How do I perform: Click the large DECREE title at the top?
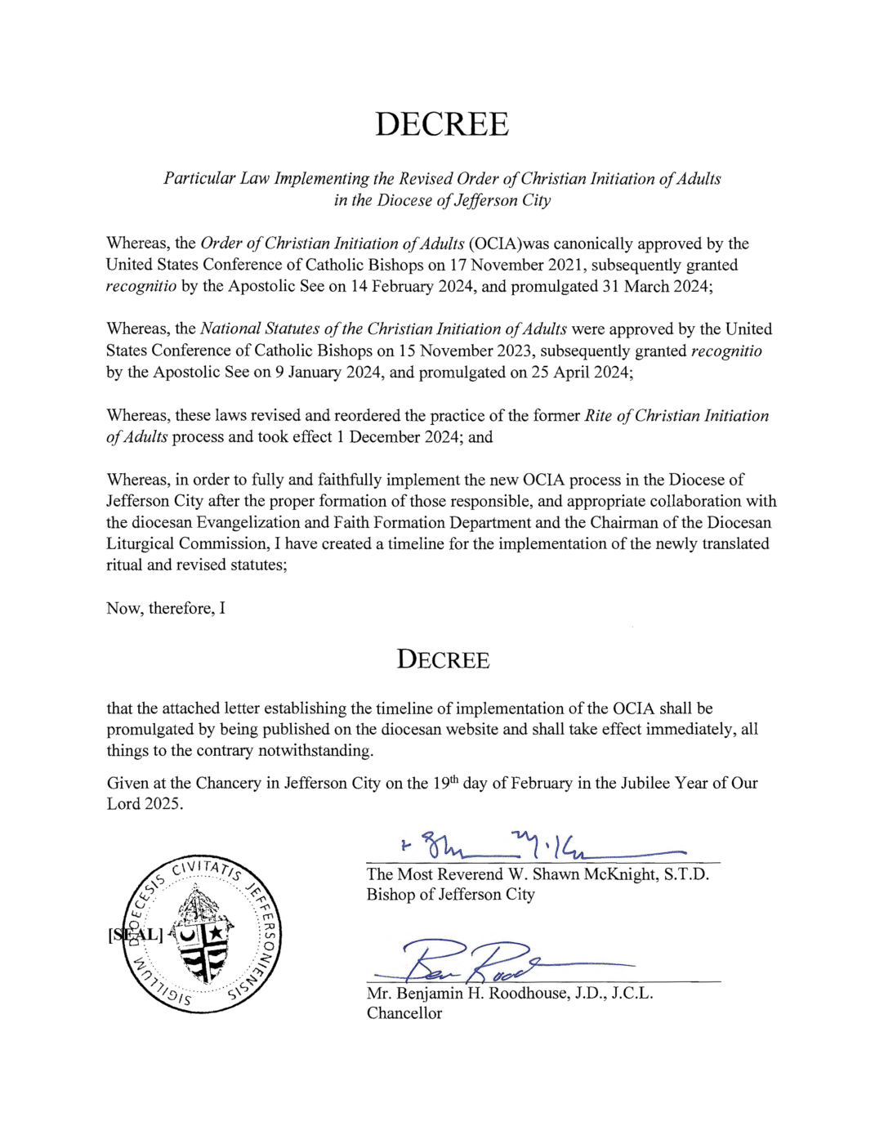click(441, 124)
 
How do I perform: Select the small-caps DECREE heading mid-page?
click(443, 659)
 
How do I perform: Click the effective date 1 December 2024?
click(398, 436)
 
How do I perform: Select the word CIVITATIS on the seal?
click(206, 869)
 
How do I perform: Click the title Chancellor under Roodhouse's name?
click(404, 1013)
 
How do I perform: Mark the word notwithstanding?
click(315, 750)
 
